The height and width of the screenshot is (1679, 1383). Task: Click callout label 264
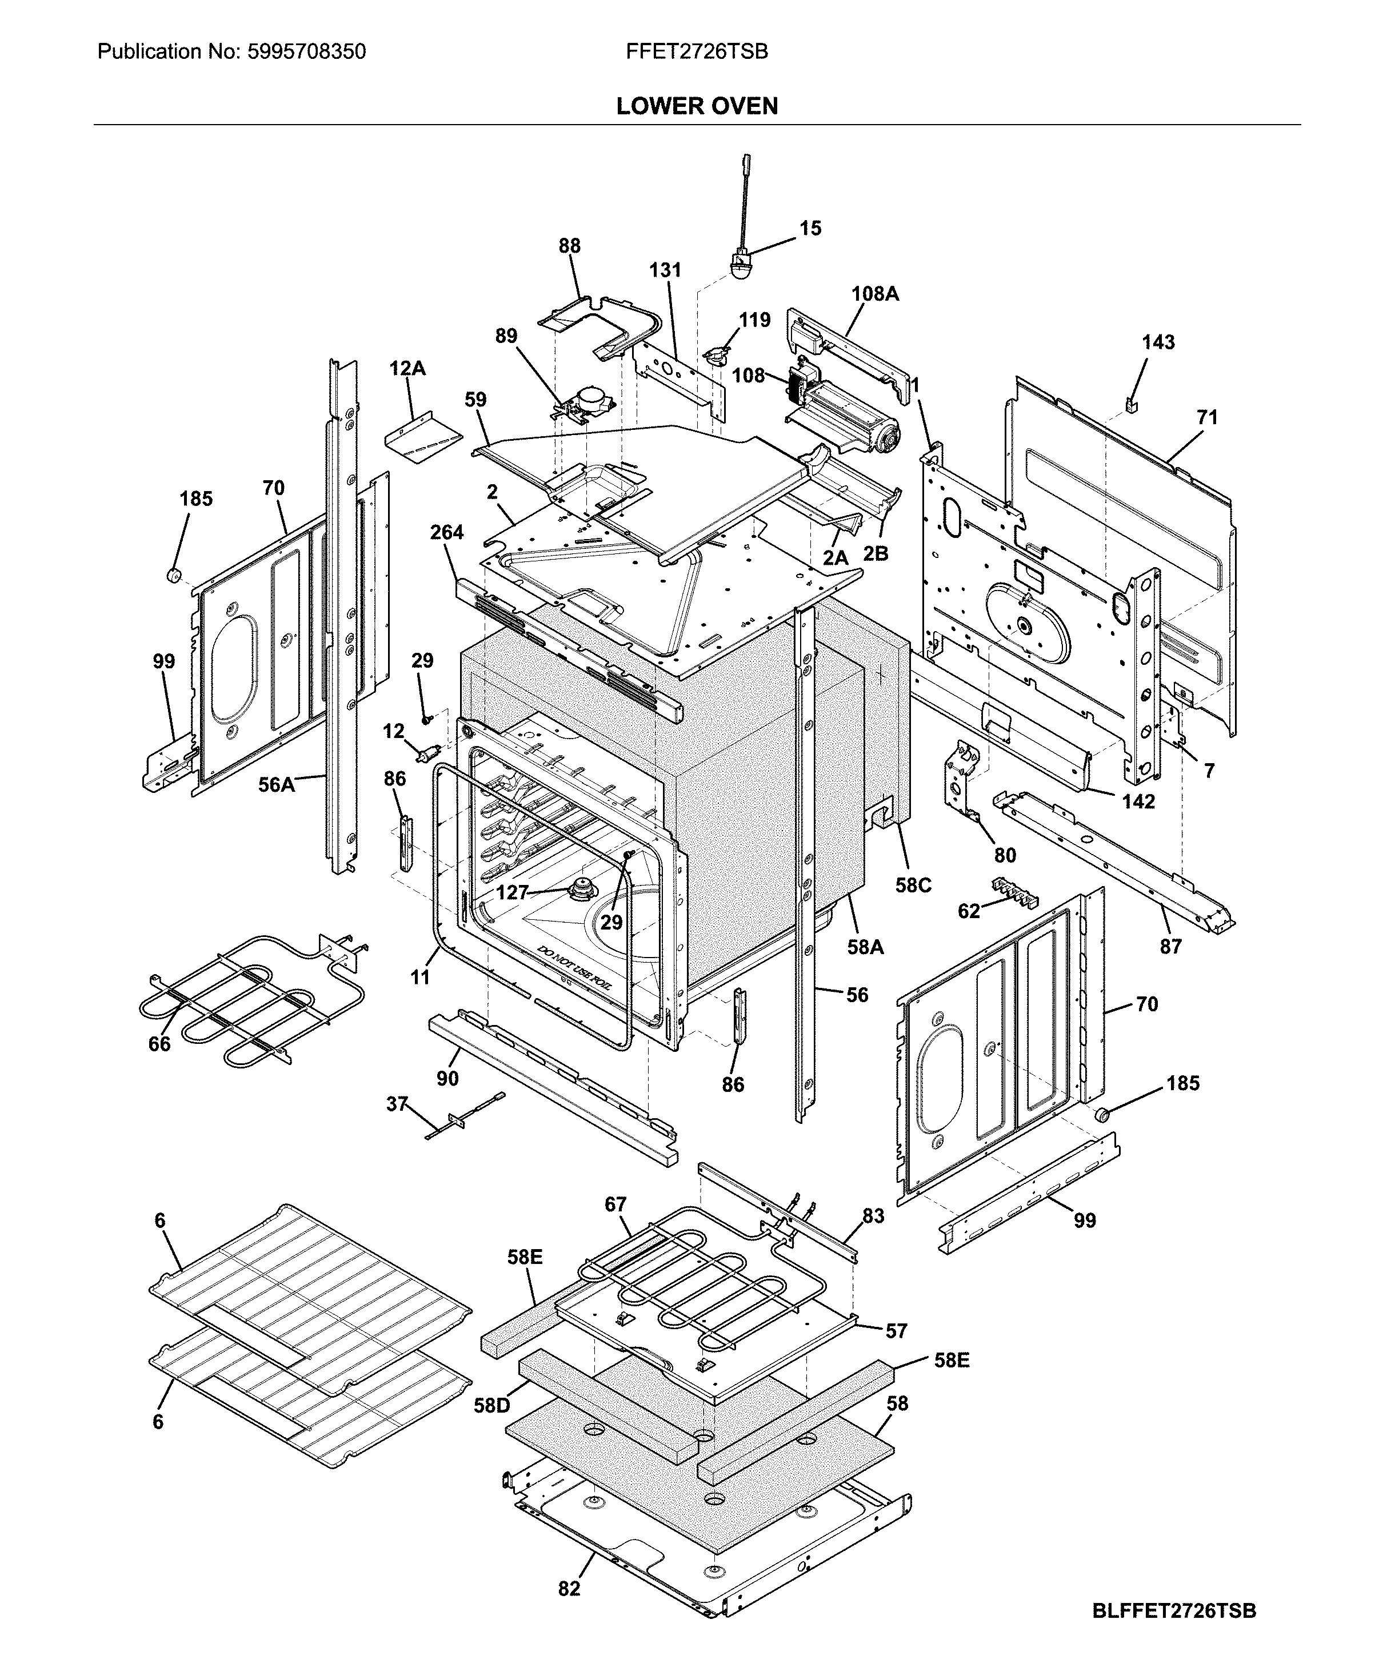(446, 532)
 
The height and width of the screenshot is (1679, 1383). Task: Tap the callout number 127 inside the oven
(511, 892)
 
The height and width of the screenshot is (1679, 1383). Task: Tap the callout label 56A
(275, 785)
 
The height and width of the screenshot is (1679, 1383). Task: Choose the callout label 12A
(407, 369)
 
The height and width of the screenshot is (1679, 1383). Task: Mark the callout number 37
(397, 1104)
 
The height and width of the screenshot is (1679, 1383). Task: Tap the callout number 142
(1138, 801)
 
